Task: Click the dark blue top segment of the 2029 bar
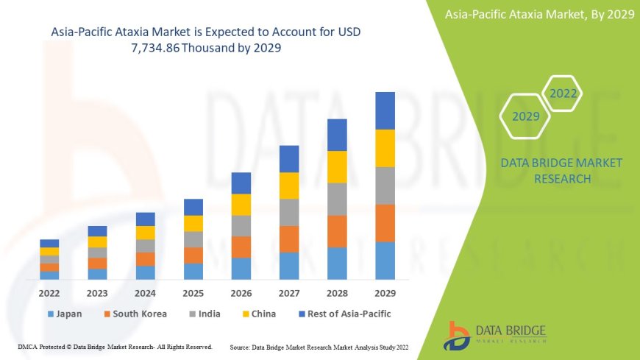[x=385, y=110]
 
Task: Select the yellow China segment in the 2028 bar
[x=337, y=166]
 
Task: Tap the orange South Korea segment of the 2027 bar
[x=289, y=239]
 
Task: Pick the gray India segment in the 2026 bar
[x=241, y=225]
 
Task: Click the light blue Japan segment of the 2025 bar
[x=193, y=271]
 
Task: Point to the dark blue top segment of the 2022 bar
[x=49, y=243]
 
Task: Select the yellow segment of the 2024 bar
[x=146, y=233]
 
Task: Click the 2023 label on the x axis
[x=97, y=293]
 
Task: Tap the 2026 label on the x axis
[x=241, y=293]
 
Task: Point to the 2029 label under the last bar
[x=385, y=293]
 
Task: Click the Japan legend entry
[x=65, y=314]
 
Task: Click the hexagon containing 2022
[x=563, y=93]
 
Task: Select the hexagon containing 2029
[x=525, y=116]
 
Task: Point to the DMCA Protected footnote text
[x=114, y=346]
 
